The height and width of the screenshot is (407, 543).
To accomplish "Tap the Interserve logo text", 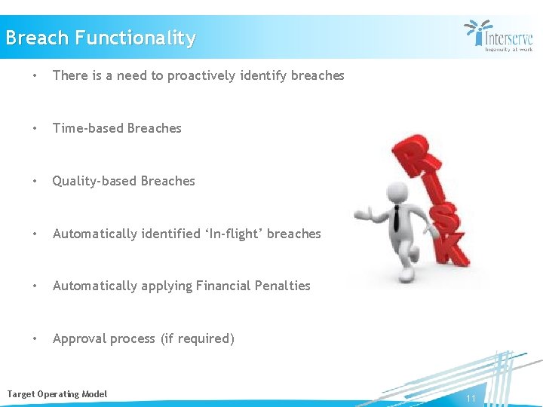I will (x=508, y=38).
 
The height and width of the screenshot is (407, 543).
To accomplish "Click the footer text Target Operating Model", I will (x=57, y=394).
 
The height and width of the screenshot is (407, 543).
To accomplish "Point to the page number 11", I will (x=471, y=399).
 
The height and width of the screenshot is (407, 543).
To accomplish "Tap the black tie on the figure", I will (x=395, y=219).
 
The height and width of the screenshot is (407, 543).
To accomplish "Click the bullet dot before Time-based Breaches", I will (x=35, y=128).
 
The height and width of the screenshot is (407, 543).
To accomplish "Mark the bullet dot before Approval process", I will (x=35, y=338).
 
